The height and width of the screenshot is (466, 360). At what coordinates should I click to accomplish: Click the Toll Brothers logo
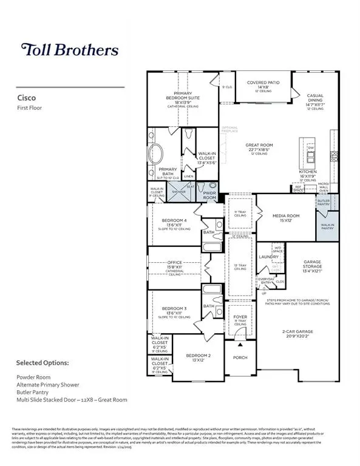pyautogui.click(x=69, y=49)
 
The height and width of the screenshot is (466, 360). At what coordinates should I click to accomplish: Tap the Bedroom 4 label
pyautogui.click(x=176, y=221)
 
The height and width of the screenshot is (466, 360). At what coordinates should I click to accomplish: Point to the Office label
pyautogui.click(x=175, y=263)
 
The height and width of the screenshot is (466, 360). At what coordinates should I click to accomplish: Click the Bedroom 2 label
pyautogui.click(x=198, y=356)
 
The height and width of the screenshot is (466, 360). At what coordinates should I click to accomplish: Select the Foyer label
pyautogui.click(x=240, y=317)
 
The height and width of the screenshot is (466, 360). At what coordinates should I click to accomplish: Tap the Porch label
pyautogui.click(x=240, y=358)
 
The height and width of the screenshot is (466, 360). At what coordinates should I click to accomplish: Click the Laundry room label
pyautogui.click(x=268, y=257)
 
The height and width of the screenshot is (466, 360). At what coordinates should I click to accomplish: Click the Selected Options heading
pyautogui.click(x=42, y=363)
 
